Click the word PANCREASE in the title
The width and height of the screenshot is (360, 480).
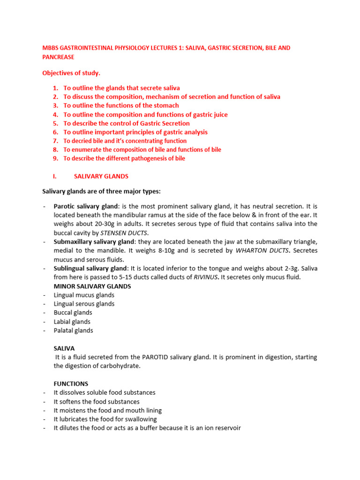58,57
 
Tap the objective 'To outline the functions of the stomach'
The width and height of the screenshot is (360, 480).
121,105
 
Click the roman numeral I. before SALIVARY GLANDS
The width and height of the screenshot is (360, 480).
54,176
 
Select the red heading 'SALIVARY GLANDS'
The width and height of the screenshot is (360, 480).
101,176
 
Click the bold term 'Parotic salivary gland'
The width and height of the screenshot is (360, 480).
86,206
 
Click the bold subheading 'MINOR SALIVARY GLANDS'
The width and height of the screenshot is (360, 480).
92,286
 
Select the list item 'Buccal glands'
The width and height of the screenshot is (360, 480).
73,313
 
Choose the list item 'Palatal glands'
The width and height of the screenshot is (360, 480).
73,330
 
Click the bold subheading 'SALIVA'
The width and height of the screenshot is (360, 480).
64,348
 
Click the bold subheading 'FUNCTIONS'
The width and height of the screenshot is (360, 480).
71,384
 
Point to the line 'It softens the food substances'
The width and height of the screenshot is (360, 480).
97,402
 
